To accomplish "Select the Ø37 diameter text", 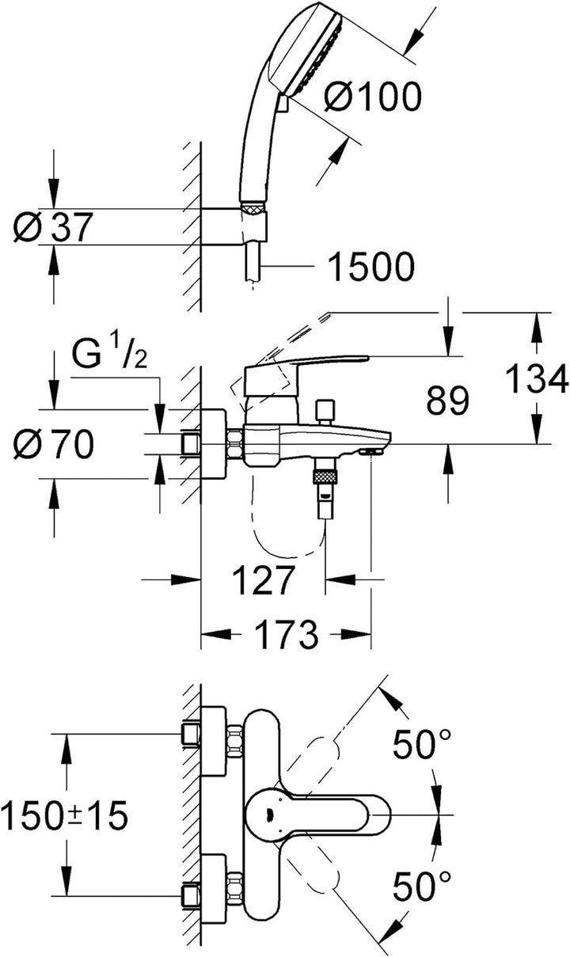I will coord(53,228).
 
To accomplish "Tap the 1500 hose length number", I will coord(371,268).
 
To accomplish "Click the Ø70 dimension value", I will coord(53,446).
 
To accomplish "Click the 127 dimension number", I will coord(263,582).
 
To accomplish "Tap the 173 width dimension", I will coord(286,634).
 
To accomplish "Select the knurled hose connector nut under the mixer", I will coord(325,476).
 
